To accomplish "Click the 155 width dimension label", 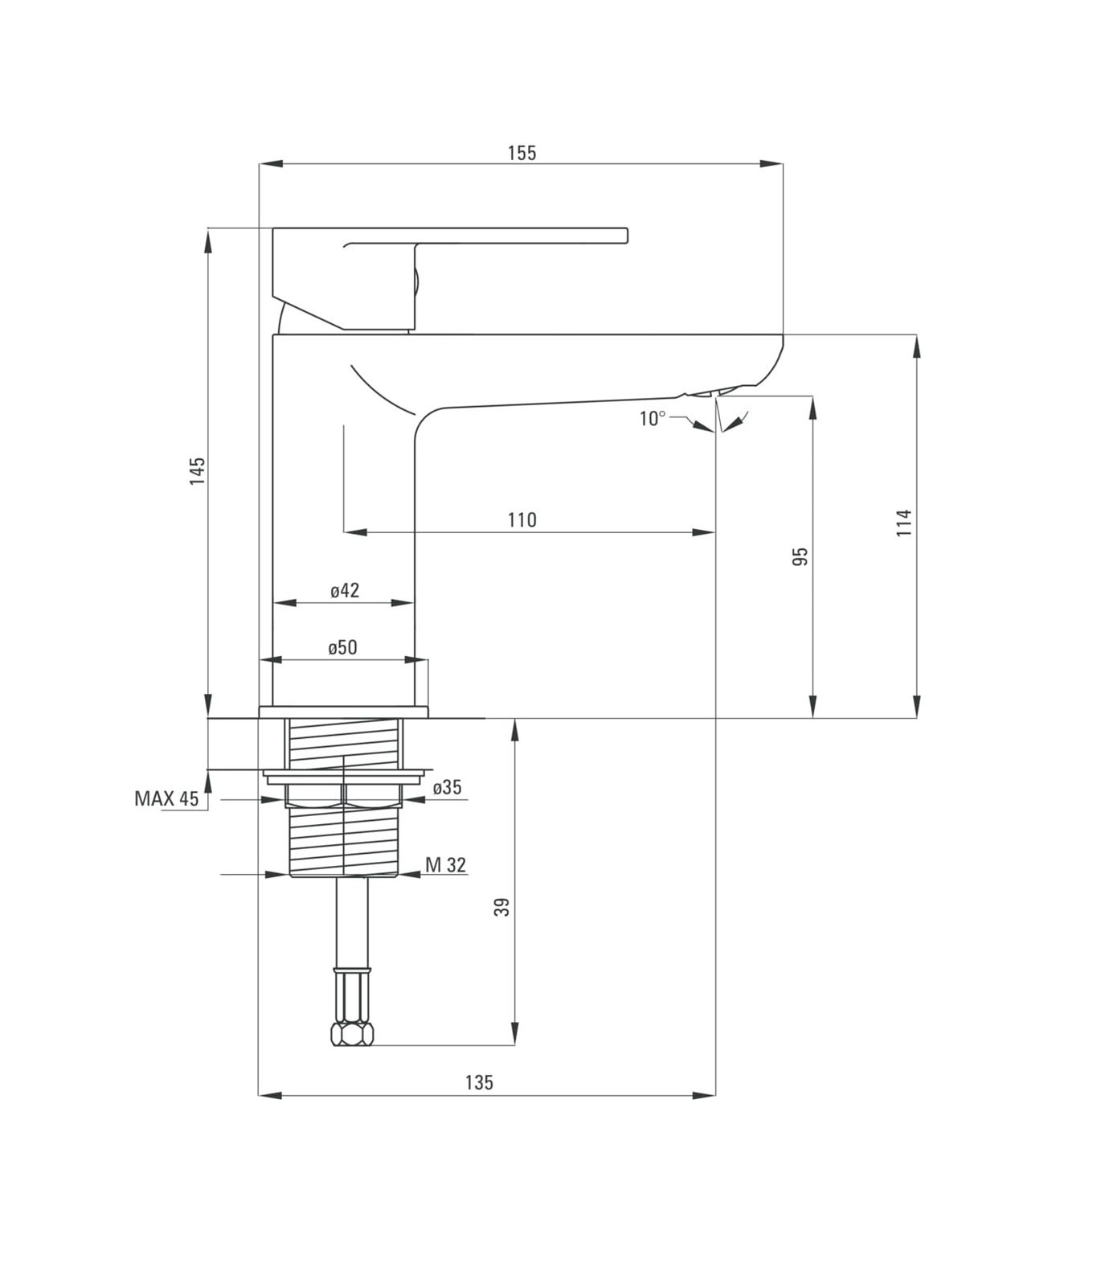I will (x=522, y=153).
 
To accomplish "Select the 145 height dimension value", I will (x=198, y=470).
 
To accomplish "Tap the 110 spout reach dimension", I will (x=522, y=520).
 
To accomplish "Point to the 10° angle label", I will (x=652, y=419).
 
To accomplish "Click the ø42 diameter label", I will (x=345, y=591).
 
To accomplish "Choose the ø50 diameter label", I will (x=342, y=648).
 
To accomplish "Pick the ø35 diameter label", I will (x=447, y=788).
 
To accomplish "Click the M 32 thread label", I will (x=445, y=865).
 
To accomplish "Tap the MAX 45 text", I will (x=166, y=798).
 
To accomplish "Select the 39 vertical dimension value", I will (x=502, y=908).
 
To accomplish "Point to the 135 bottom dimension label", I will (x=479, y=1083).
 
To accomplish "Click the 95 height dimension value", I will (x=800, y=556).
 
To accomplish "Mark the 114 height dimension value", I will (x=905, y=523).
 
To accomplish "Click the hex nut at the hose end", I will (x=353, y=1034).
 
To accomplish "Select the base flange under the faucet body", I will (x=343, y=712).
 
